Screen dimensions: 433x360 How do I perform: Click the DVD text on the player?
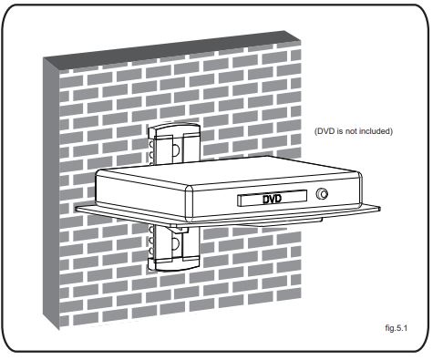(x=273, y=200)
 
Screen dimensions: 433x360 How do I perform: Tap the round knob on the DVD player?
(x=322, y=193)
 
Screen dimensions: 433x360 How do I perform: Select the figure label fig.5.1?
(x=396, y=328)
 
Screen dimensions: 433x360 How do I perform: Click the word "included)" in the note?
(x=376, y=131)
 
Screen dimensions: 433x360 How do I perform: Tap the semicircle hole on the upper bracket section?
(x=176, y=149)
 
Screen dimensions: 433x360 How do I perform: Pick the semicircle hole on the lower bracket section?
(x=175, y=243)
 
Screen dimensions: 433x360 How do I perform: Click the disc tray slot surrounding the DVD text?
(x=272, y=199)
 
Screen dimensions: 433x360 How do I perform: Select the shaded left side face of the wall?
(x=51, y=194)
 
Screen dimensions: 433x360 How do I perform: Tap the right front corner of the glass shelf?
(x=379, y=208)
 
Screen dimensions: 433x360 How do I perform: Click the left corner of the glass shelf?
(x=76, y=208)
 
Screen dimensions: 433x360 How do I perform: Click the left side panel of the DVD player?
(x=141, y=193)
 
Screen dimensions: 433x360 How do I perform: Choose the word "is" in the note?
(x=340, y=131)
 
